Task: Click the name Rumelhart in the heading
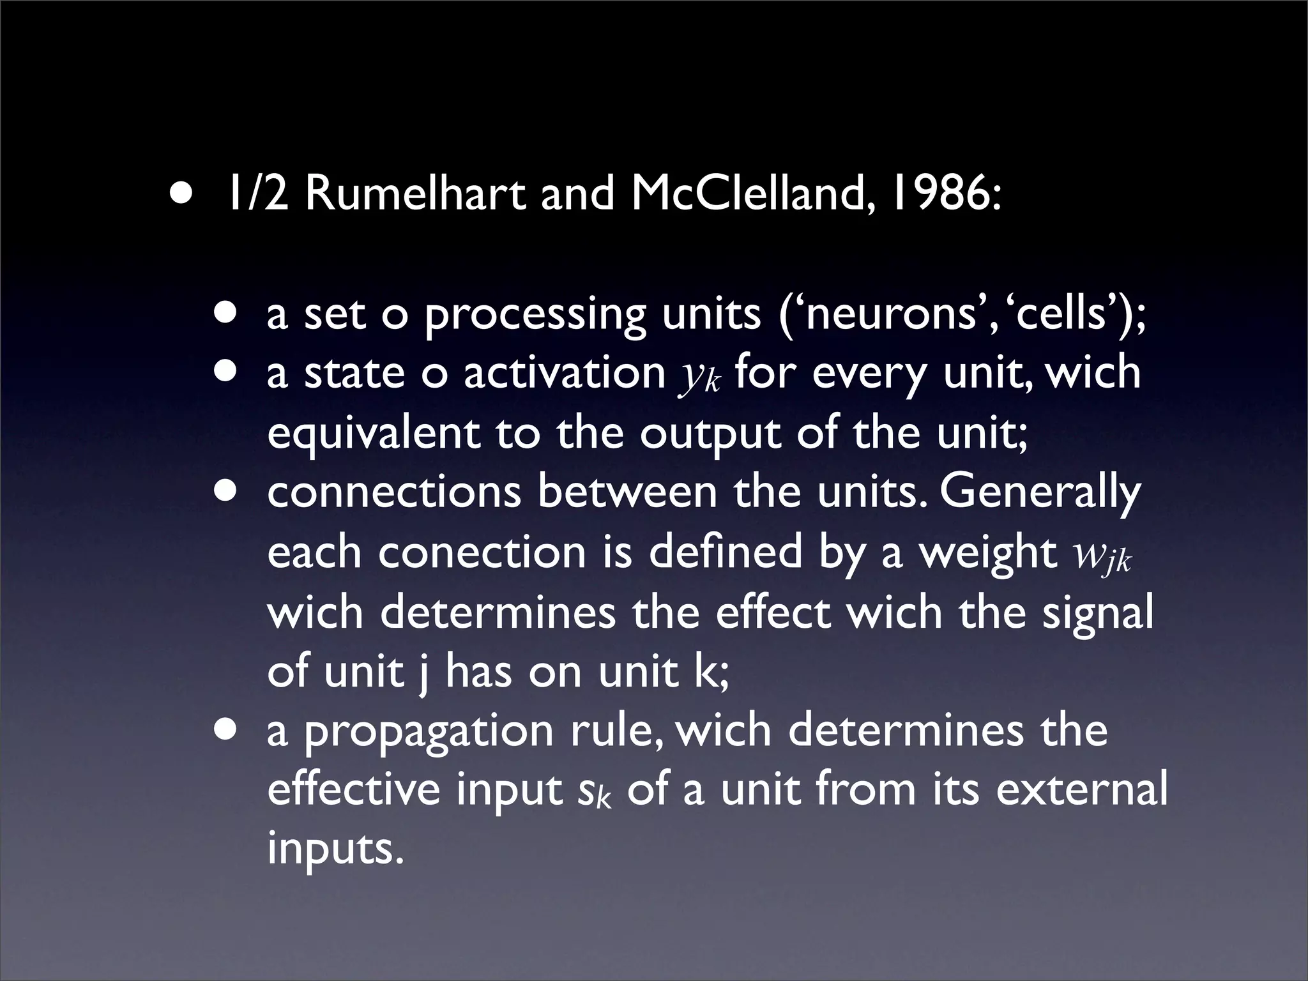(417, 194)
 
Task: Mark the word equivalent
(374, 434)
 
